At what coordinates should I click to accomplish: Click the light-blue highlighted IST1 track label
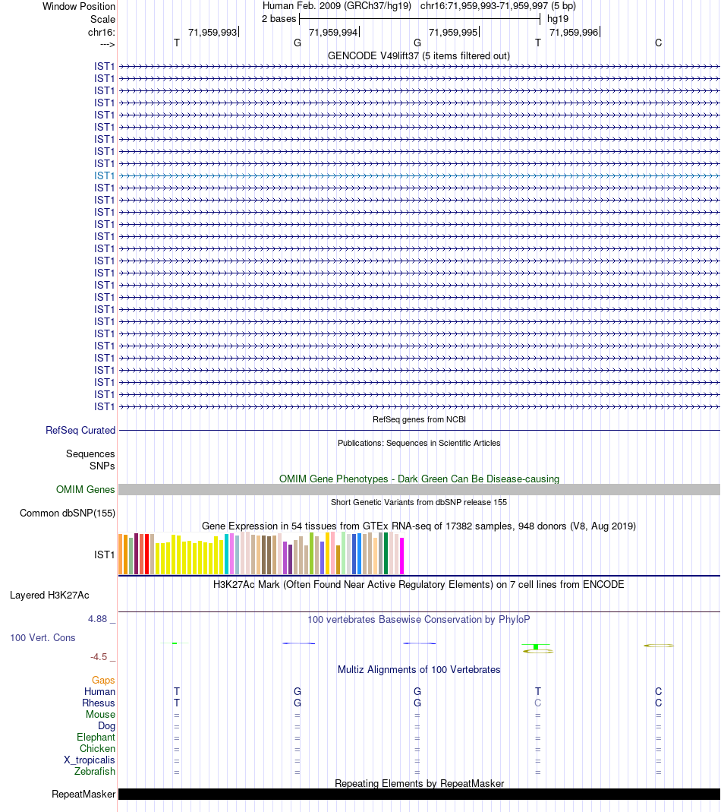point(104,175)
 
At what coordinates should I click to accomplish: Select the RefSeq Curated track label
point(80,431)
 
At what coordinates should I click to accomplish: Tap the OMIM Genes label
point(86,489)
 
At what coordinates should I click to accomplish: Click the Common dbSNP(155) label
point(68,513)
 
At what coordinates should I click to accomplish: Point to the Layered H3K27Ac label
point(49,595)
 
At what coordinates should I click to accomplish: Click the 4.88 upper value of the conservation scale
point(97,619)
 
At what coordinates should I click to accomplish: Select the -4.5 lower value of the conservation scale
point(99,656)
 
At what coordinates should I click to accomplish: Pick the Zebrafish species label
point(95,771)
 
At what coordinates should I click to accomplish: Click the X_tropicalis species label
point(90,760)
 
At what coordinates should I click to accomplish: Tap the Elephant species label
point(96,737)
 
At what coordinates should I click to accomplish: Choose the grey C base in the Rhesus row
point(538,703)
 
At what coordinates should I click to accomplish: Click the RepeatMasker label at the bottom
point(83,794)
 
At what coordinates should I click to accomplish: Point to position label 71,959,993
point(213,32)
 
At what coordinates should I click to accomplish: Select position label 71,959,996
point(574,32)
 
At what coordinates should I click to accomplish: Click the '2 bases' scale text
point(279,19)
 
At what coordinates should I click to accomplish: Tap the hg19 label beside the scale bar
point(558,19)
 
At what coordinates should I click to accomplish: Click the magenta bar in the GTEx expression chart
point(401,556)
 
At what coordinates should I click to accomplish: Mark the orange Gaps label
point(103,680)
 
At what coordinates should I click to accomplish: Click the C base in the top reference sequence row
point(658,43)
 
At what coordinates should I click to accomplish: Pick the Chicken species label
point(97,748)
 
